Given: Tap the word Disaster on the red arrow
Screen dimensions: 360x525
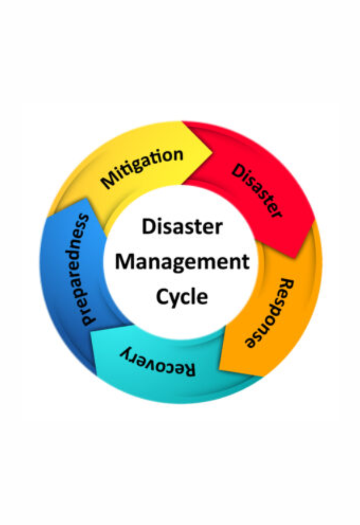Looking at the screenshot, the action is [x=257, y=191].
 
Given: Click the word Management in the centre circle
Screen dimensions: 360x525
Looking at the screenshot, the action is [x=183, y=262].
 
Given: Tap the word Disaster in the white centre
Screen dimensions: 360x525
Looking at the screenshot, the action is [x=182, y=226].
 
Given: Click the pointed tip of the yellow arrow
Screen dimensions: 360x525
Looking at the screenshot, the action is [x=212, y=154].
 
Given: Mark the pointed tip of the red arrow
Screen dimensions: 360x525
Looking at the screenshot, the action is [x=295, y=258].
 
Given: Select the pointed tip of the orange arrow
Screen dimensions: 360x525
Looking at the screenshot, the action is [x=264, y=376].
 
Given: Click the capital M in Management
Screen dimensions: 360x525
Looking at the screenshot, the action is [x=124, y=261].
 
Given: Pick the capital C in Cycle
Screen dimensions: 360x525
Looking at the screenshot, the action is [x=163, y=296].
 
